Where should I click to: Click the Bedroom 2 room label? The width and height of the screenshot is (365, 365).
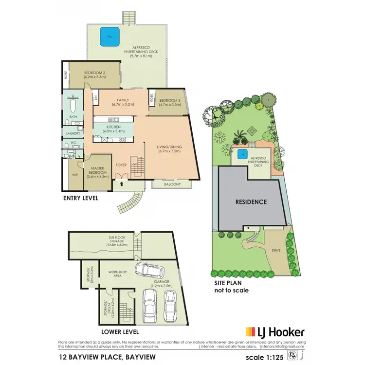click(94, 74)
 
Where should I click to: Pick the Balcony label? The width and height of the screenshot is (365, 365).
click(172, 184)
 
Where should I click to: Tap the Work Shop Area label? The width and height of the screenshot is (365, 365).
click(115, 274)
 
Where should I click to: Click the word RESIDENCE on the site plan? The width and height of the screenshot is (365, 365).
click(251, 201)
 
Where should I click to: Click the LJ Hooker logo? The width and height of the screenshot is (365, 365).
click(275, 332)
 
